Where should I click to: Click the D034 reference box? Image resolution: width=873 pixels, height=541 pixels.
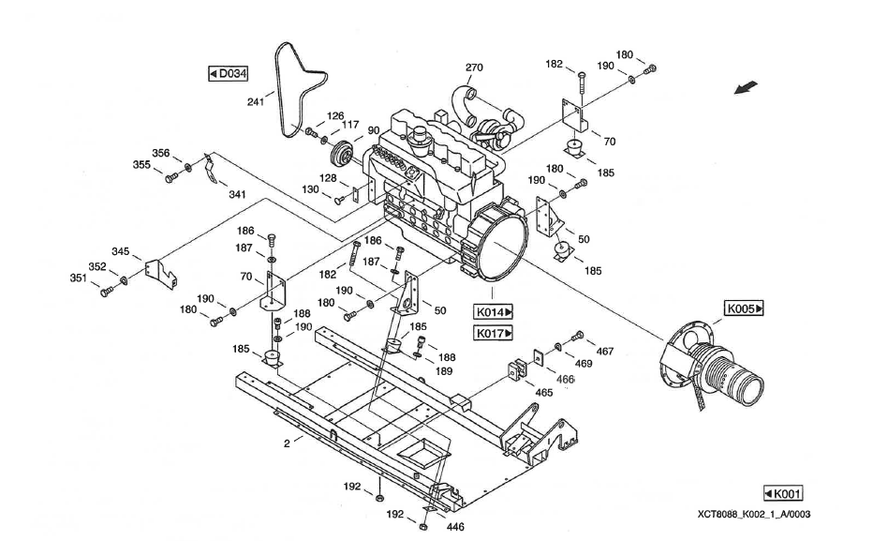click(228, 73)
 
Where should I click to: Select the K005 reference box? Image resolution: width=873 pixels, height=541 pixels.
click(745, 308)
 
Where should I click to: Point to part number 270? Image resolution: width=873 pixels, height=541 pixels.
click(475, 68)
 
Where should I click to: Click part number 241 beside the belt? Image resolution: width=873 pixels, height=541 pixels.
click(256, 102)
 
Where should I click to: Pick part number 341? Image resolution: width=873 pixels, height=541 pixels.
click(237, 195)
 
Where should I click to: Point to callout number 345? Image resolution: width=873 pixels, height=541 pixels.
click(121, 251)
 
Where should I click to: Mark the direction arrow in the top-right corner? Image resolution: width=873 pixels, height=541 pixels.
click(747, 88)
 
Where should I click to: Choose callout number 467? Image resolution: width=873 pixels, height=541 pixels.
click(606, 352)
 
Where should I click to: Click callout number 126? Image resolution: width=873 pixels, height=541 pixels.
click(334, 116)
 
